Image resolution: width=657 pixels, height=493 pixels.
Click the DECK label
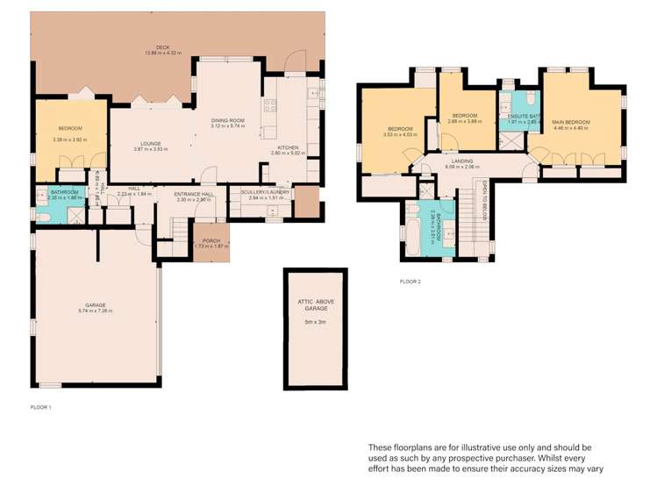(162, 47)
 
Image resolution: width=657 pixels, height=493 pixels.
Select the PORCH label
(211, 240)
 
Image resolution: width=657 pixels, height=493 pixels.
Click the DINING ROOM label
(227, 120)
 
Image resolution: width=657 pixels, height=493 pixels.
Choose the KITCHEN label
(289, 147)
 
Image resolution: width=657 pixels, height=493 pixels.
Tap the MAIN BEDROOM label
(571, 122)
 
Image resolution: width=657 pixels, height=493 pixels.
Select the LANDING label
(462, 161)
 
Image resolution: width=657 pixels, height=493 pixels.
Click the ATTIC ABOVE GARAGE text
(315, 305)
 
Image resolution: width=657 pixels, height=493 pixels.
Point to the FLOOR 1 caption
(41, 408)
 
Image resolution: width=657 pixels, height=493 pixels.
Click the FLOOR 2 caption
(410, 282)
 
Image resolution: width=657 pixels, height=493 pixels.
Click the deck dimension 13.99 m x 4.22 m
(162, 54)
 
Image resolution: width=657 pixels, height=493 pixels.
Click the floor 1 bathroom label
(65, 192)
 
